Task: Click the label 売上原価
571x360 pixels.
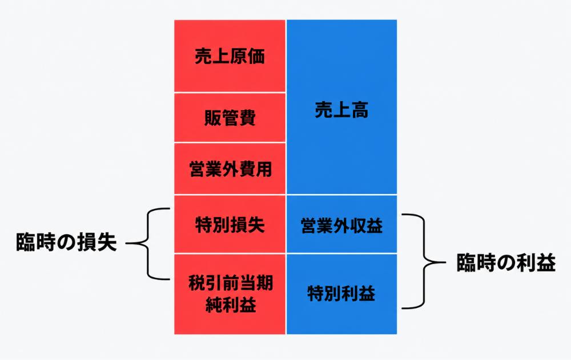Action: (x=230, y=57)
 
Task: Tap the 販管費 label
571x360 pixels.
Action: (x=230, y=118)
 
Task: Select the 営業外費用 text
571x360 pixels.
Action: (x=231, y=169)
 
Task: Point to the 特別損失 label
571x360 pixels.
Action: (x=230, y=225)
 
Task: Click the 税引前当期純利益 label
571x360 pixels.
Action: (x=231, y=294)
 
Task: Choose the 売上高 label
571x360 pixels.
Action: (x=341, y=110)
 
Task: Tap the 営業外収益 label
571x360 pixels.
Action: (x=341, y=226)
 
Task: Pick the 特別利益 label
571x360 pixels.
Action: (x=341, y=293)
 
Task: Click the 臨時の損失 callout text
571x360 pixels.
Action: (x=66, y=242)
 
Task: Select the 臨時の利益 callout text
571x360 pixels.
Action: (x=506, y=262)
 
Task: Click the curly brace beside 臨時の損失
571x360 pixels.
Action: (x=148, y=243)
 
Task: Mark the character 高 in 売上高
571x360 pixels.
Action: (x=360, y=110)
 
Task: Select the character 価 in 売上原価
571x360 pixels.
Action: (x=256, y=57)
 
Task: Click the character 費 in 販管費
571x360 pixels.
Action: (x=247, y=118)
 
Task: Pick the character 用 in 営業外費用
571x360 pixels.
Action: (x=264, y=169)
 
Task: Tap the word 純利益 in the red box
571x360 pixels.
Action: (x=231, y=304)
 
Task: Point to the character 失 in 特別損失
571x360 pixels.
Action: (x=256, y=225)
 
